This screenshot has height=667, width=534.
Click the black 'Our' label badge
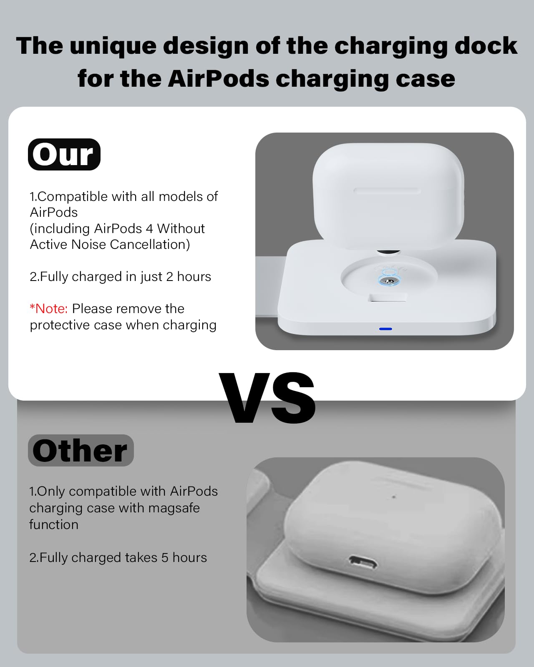[x=64, y=154]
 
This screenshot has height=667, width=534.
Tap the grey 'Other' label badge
[x=81, y=451]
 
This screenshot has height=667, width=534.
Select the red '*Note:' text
[x=48, y=309]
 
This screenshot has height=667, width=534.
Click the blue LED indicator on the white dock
[x=385, y=329]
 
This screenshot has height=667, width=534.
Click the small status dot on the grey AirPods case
[x=394, y=497]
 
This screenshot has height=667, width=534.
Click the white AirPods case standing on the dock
[x=388, y=196]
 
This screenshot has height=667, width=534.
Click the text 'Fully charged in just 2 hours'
[x=125, y=277]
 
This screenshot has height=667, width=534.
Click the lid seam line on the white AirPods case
[x=387, y=191]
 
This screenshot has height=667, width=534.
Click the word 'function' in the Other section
[x=54, y=524]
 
